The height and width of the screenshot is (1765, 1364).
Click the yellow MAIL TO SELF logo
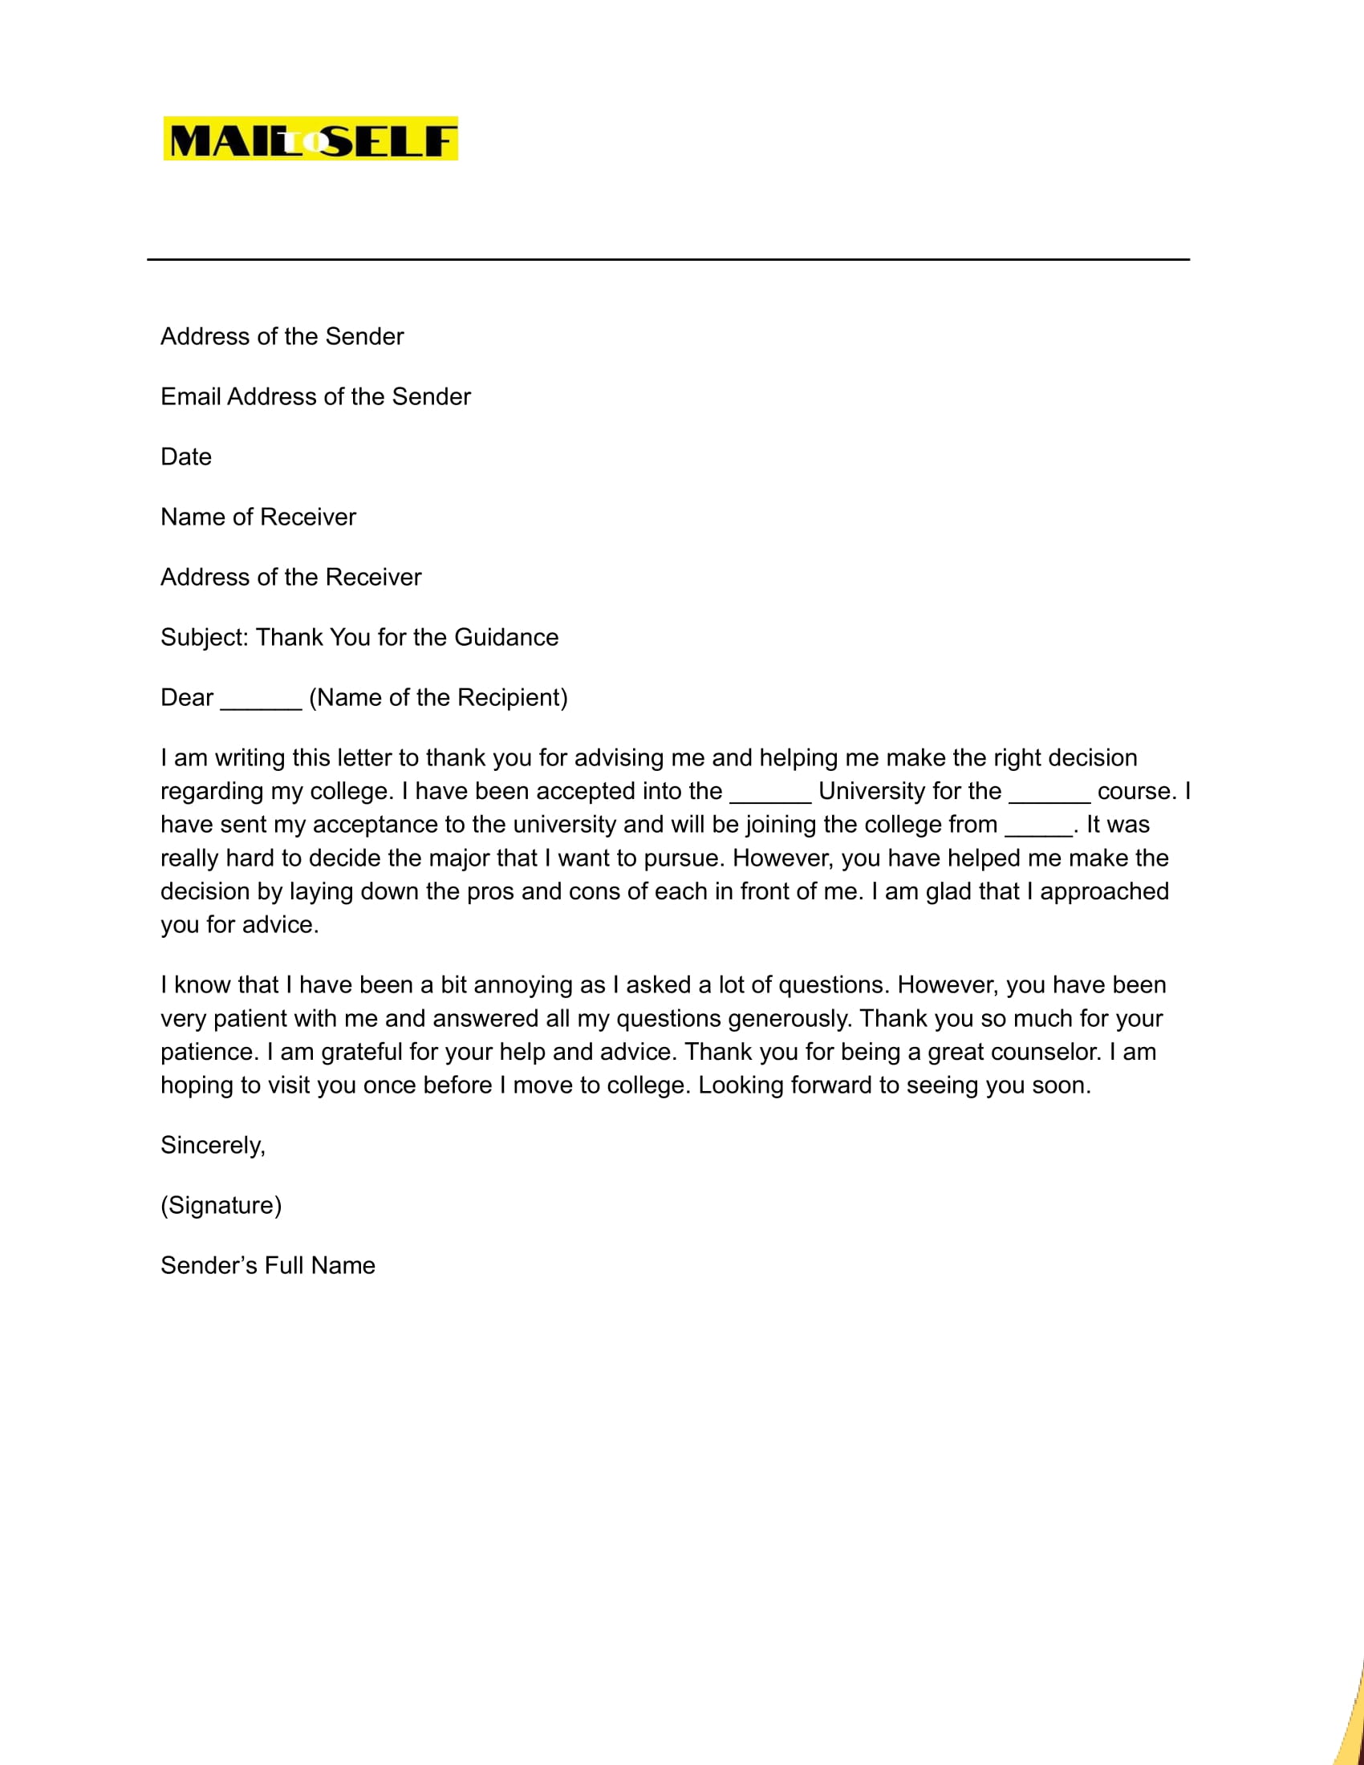(311, 139)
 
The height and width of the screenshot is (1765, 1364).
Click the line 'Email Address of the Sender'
(315, 397)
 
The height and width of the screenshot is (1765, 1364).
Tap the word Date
(186, 457)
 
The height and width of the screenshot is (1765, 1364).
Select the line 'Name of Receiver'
(258, 517)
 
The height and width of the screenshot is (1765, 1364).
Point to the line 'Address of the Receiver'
(291, 578)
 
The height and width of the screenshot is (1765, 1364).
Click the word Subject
(204, 638)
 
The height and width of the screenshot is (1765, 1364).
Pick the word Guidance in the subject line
(505, 638)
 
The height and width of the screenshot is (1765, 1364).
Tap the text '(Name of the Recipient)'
(438, 698)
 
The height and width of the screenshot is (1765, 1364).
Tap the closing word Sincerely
(212, 1146)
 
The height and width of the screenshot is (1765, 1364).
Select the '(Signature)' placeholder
(221, 1206)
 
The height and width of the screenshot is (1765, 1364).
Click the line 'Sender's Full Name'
(267, 1265)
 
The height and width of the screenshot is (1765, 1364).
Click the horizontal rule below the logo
(668, 259)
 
